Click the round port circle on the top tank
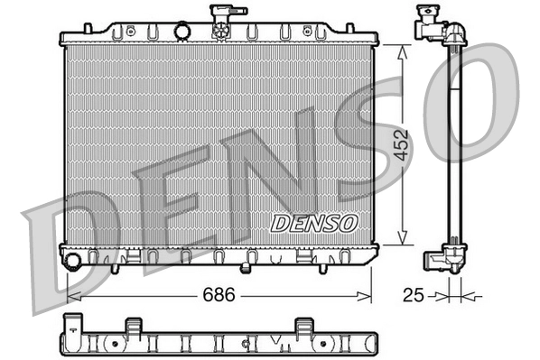click(x=183, y=32)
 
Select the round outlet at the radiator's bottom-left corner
click(x=72, y=262)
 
